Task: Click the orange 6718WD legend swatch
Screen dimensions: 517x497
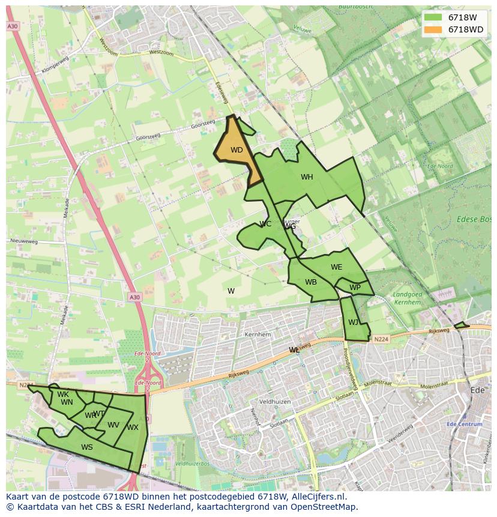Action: pyautogui.click(x=432, y=29)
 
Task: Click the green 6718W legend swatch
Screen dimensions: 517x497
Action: pyautogui.click(x=432, y=17)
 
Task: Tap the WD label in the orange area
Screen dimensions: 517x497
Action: pyautogui.click(x=236, y=150)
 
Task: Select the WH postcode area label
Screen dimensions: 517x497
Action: pyautogui.click(x=307, y=177)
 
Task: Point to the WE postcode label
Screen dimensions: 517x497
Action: pyautogui.click(x=336, y=267)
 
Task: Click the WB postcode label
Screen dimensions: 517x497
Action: pyautogui.click(x=310, y=282)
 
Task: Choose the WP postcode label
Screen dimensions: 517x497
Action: pyautogui.click(x=355, y=288)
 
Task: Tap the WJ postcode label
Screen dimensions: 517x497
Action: pyautogui.click(x=353, y=322)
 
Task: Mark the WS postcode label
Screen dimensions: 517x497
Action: pyautogui.click(x=87, y=447)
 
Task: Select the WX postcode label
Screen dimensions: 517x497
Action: pyautogui.click(x=133, y=428)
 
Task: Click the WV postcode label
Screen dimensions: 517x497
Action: pyautogui.click(x=113, y=425)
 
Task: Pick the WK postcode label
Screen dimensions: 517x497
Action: pyautogui.click(x=63, y=395)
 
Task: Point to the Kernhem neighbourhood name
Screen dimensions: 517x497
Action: pyautogui.click(x=258, y=334)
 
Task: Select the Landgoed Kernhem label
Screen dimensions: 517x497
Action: pyautogui.click(x=407, y=298)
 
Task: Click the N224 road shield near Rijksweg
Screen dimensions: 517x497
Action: pyautogui.click(x=380, y=339)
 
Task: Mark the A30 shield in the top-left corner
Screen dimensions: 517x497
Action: pyautogui.click(x=13, y=26)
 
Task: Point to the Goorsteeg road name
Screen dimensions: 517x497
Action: pyautogui.click(x=202, y=124)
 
